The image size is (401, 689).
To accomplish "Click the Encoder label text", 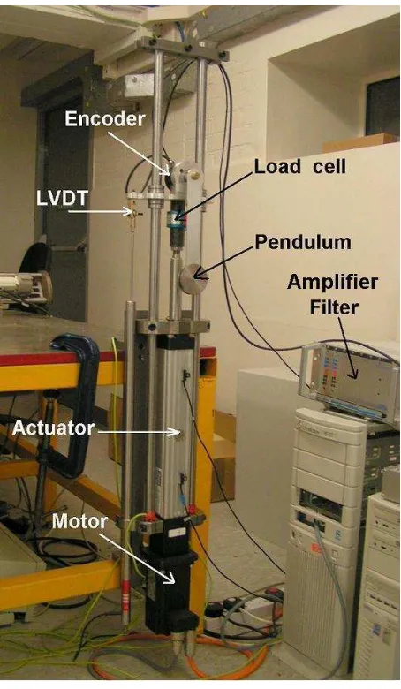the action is point(104,119).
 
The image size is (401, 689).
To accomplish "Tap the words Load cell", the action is point(300,167).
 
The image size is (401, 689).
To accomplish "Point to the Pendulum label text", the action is point(303,242).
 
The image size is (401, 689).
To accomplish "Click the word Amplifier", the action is point(332,282).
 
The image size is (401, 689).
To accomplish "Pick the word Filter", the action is point(334,307).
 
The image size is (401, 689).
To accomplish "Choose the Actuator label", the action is point(53,428).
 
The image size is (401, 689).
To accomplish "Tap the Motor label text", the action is point(79,521).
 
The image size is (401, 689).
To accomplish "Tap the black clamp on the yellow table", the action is point(75,396).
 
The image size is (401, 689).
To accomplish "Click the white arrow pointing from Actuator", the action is point(140,432).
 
